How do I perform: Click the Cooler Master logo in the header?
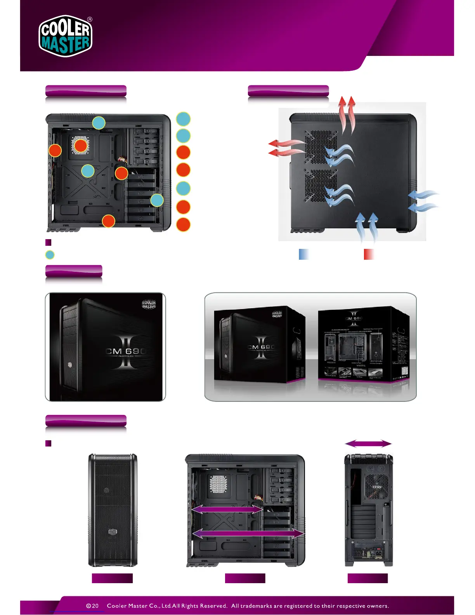click(65, 36)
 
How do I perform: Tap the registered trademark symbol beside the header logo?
click(90, 19)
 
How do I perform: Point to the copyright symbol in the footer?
click(88, 606)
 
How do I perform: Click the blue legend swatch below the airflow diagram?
click(304, 254)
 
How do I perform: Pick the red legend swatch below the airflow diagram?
click(369, 254)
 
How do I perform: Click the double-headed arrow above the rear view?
click(368, 443)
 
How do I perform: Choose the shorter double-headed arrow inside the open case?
click(227, 509)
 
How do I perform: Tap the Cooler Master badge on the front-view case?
click(113, 532)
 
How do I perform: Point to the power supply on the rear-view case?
click(368, 551)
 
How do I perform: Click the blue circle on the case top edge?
click(99, 123)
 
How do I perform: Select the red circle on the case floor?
click(108, 221)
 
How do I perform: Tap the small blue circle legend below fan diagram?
click(50, 255)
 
